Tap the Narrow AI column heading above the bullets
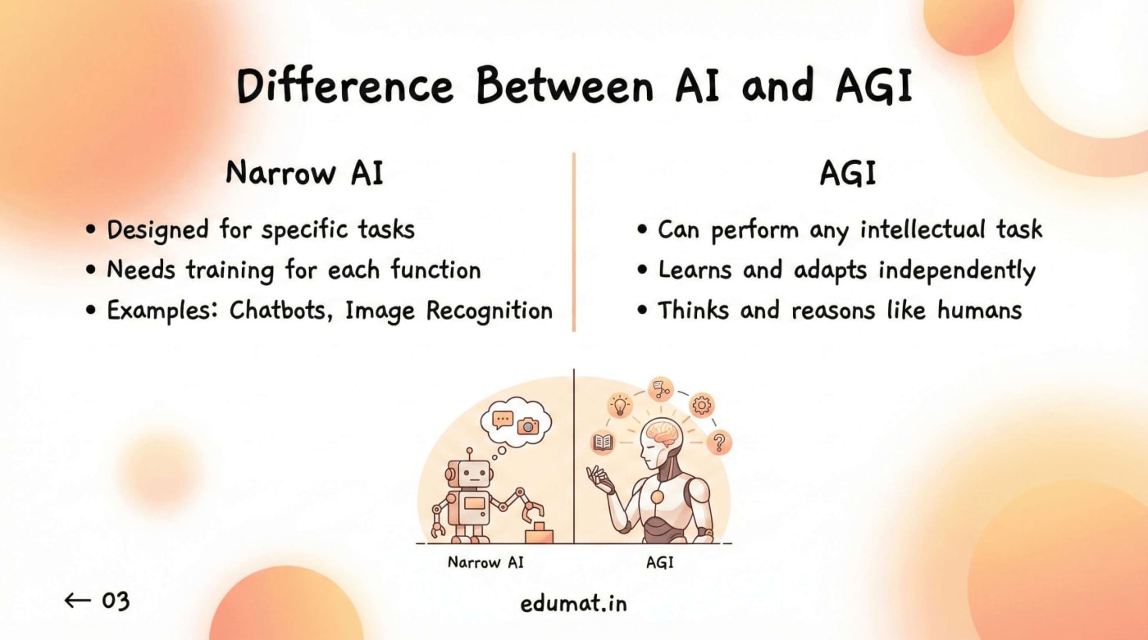304,174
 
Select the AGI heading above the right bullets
848,174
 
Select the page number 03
116,601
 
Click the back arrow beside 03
77,601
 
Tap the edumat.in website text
574,604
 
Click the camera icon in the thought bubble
528,424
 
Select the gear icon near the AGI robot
702,404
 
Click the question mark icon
719,443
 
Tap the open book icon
603,443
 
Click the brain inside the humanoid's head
663,432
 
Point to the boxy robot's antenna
471,453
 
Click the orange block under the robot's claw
539,533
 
